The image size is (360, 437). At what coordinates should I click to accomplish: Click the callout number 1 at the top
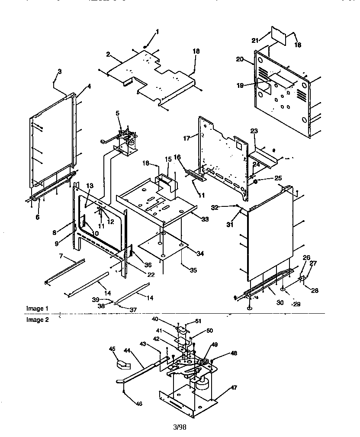coord(157,31)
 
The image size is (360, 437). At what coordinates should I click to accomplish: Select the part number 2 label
coord(108,55)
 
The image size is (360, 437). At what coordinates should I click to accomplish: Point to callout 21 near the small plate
coord(255,40)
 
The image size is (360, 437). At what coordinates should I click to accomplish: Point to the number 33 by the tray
coord(205,220)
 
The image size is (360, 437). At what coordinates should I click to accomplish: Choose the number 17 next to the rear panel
coord(187,138)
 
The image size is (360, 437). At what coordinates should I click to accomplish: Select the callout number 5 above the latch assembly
coord(117,113)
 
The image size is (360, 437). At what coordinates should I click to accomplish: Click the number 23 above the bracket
coord(254,131)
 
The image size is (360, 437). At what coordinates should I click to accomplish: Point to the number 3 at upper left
coord(60,71)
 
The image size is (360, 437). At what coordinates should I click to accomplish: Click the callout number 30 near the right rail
coord(280,303)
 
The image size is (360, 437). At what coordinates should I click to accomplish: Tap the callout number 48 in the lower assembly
coord(234,353)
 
